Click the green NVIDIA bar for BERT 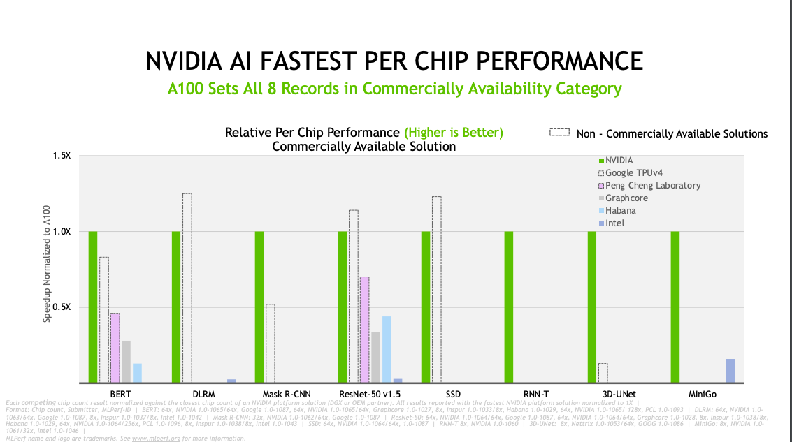pos(93,307)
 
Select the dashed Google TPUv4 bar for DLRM pos(187,288)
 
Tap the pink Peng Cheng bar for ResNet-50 pos(364,330)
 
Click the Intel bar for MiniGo pos(730,371)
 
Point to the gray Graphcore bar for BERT pos(126,362)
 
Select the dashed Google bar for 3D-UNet pos(603,373)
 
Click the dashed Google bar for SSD pos(436,289)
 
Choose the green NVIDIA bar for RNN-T pos(508,307)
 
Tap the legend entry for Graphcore pos(626,198)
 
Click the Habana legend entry pos(620,211)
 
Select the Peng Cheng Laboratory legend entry pos(652,186)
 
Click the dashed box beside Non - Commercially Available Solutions pos(560,133)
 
